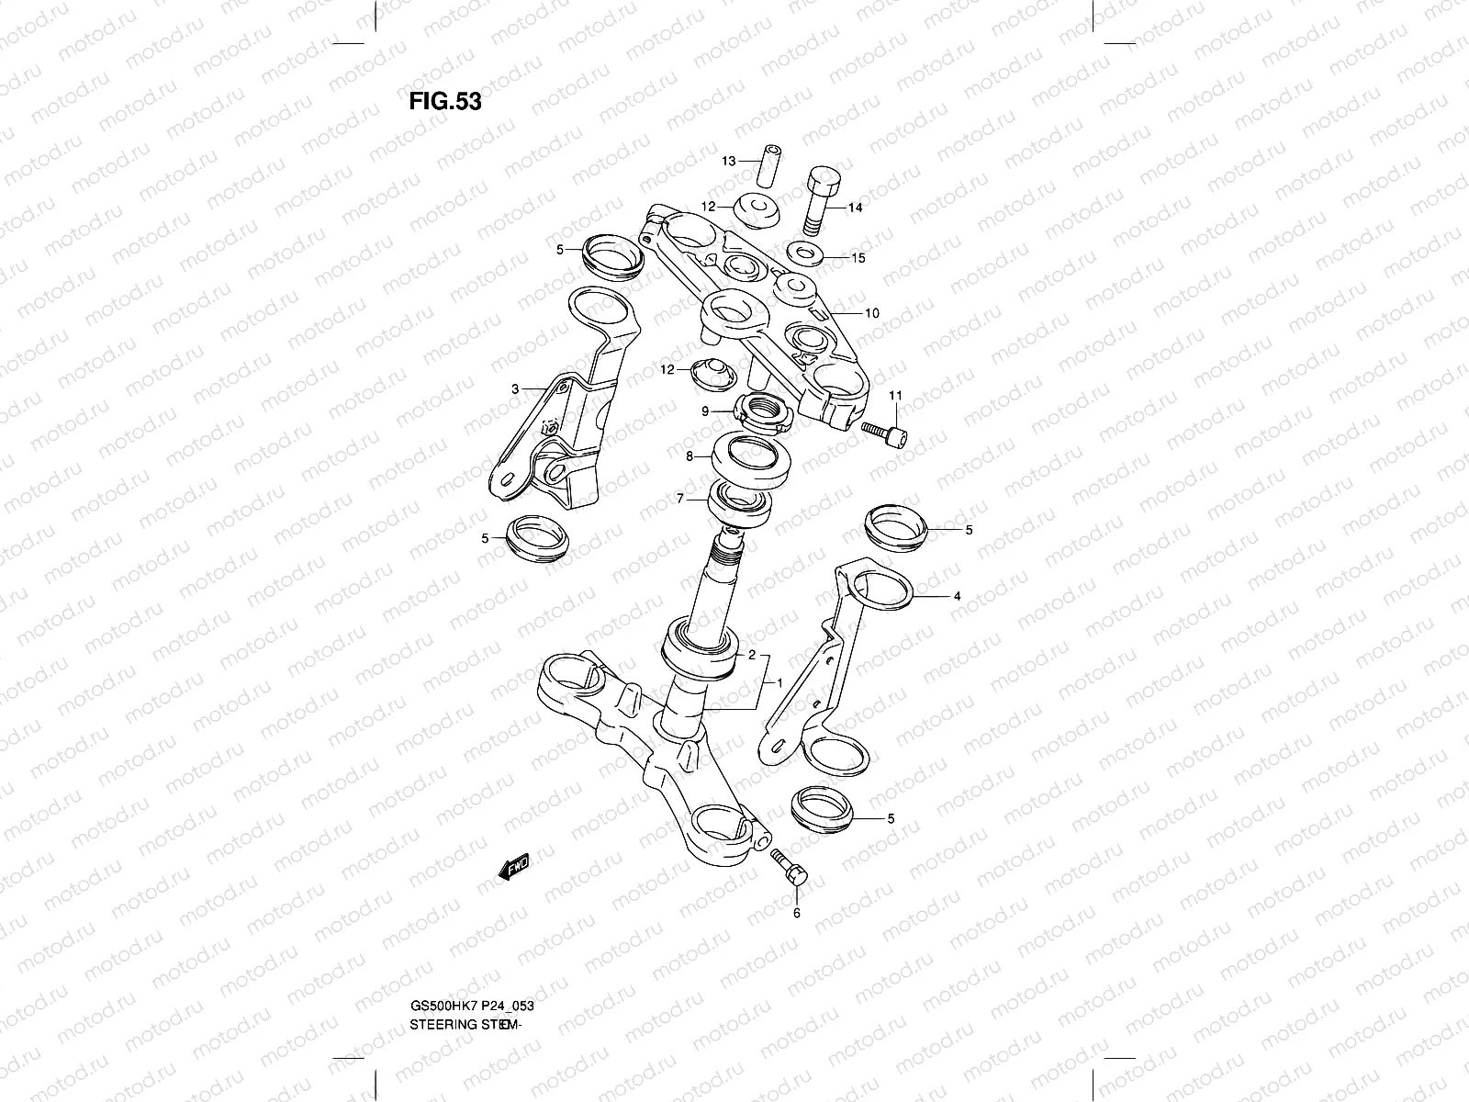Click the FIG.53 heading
tap(444, 101)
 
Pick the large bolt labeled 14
tap(822, 201)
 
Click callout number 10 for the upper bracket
tap(871, 313)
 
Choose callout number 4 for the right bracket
tap(957, 596)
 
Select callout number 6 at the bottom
tap(796, 913)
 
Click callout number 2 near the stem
tap(751, 655)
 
